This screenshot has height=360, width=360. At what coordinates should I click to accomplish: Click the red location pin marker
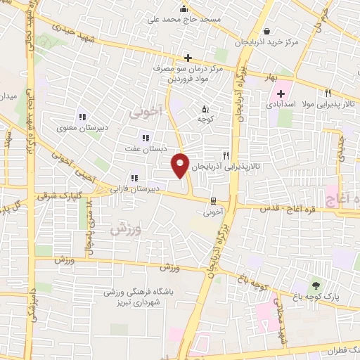180,164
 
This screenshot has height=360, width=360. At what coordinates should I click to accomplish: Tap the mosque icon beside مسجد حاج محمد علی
184,9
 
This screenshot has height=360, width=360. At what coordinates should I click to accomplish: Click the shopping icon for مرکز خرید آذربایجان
267,31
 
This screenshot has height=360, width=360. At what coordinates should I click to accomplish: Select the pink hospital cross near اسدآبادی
281,94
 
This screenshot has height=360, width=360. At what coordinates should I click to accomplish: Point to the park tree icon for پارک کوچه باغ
315,285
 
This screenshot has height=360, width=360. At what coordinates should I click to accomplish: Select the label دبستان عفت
145,148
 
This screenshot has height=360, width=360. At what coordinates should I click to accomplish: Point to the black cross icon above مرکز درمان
187,58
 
